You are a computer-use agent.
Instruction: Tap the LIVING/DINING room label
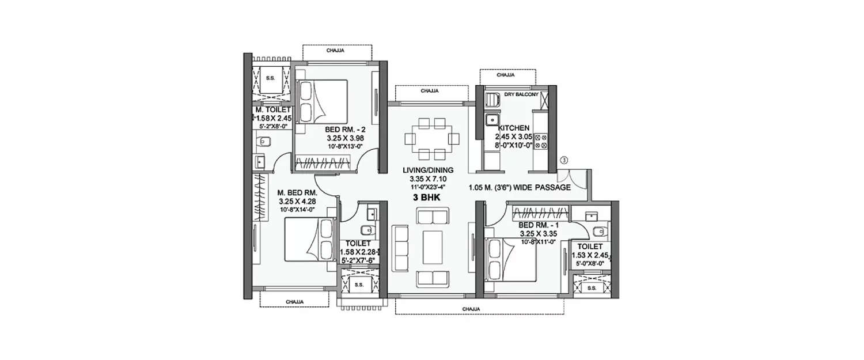point(429,170)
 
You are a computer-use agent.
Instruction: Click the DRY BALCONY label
point(521,94)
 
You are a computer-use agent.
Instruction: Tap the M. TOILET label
point(274,109)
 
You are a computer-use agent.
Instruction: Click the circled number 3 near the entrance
point(565,160)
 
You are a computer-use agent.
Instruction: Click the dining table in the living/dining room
point(431,139)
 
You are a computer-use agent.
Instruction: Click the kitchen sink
point(492,120)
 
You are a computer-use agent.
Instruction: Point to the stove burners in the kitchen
point(541,142)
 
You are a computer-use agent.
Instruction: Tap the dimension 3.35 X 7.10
point(429,179)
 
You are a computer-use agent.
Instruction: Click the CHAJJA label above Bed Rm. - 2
point(335,51)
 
